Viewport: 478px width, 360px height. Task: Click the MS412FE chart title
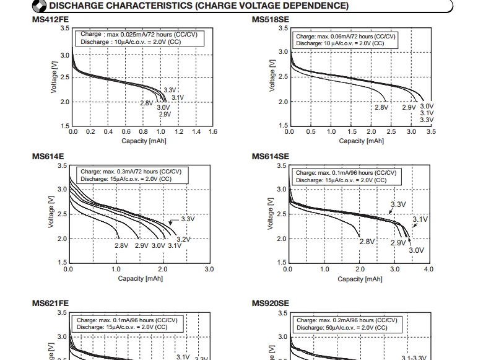(x=50, y=20)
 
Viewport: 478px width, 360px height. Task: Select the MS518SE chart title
(x=270, y=20)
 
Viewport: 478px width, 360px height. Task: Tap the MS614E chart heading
(x=48, y=157)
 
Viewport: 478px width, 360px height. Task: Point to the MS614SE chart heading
(x=270, y=157)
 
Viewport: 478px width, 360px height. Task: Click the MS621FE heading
(x=50, y=304)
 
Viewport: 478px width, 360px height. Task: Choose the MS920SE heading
(x=270, y=304)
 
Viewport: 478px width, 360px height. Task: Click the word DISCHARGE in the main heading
(x=80, y=6)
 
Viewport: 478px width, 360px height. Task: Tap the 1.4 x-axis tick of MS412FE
(x=196, y=132)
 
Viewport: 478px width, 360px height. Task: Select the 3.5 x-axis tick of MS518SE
(x=431, y=132)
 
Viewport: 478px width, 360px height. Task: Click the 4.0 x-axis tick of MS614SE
(x=428, y=270)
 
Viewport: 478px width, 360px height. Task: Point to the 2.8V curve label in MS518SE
(x=381, y=107)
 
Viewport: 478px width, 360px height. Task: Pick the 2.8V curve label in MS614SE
(x=367, y=242)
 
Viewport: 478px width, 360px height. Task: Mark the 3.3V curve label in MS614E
(x=188, y=219)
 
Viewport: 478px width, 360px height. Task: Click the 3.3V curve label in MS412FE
(x=170, y=90)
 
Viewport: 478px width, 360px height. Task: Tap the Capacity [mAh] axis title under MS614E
(x=139, y=279)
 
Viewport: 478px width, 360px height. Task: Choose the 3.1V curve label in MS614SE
(x=420, y=220)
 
